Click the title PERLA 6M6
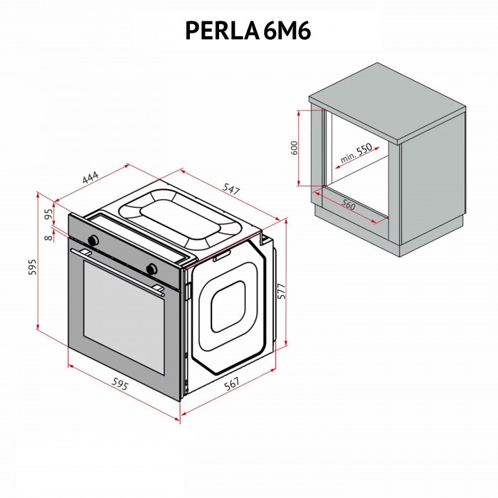coord(248,30)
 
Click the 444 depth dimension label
coord(90,179)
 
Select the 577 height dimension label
coord(281,292)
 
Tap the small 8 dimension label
coord(48,238)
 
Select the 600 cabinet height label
coord(293,149)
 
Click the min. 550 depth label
coord(355,154)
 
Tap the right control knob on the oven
coord(151,268)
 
